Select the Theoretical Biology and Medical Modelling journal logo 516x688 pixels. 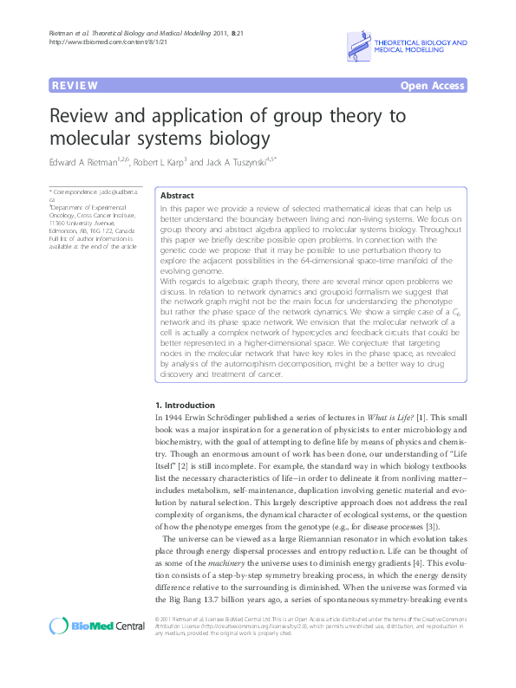(x=408, y=47)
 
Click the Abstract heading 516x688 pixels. (x=178, y=196)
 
